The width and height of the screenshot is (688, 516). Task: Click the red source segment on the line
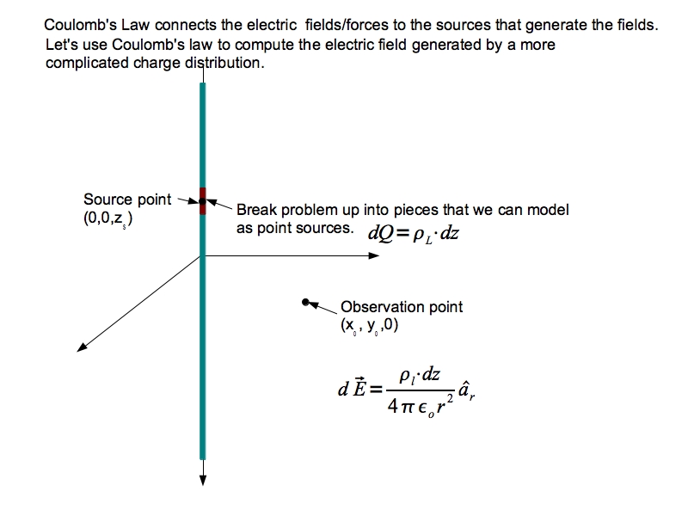203,200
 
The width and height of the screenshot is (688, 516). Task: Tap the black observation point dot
305,302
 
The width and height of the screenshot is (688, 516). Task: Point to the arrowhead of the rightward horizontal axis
376,255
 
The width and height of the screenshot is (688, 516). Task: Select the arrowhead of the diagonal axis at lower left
83,347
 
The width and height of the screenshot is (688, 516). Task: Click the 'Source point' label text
127,200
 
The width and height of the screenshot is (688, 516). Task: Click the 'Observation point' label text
402,307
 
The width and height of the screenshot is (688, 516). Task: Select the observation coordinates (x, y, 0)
370,326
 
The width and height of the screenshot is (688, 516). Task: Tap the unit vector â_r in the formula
466,392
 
